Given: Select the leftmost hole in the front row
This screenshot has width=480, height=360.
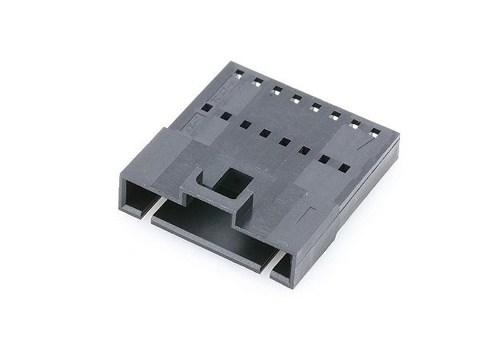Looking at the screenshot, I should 206,106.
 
